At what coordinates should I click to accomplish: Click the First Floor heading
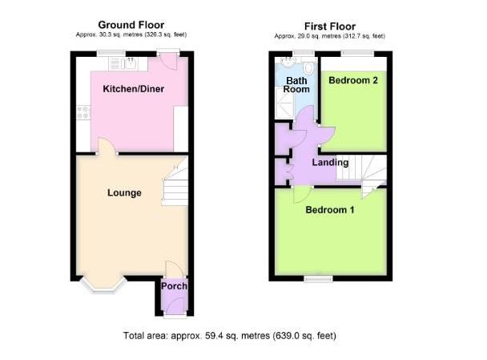pos(328,26)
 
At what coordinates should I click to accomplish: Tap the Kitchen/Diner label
pos(133,89)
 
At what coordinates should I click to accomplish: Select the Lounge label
pos(124,192)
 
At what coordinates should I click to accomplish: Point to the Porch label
pos(174,286)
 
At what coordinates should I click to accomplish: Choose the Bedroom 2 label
pos(352,80)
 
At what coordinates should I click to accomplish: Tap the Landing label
pos(330,163)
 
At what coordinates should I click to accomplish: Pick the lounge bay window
pos(104,286)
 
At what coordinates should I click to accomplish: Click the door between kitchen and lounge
pos(105,146)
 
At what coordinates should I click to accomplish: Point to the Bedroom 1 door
pos(301,194)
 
